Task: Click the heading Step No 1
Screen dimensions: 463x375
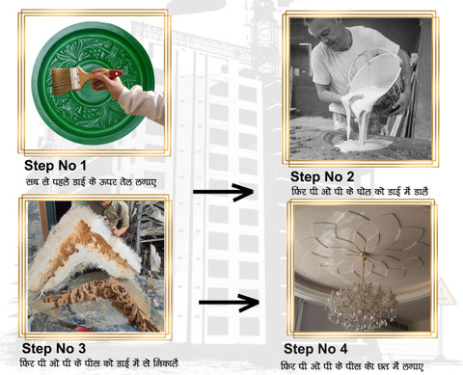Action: tap(55, 166)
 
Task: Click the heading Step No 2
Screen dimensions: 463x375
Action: tap(322, 176)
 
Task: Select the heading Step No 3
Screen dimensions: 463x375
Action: tap(54, 348)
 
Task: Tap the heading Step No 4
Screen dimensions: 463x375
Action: tap(315, 349)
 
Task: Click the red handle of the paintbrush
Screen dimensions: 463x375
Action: tap(115, 74)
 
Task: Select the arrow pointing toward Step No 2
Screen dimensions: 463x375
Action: tap(223, 192)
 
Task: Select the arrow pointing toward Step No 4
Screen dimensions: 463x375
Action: tap(229, 303)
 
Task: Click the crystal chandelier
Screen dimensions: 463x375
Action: tap(362, 305)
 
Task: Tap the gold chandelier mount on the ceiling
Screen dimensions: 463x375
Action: tap(363, 255)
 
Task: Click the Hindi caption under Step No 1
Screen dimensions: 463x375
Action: tap(92, 182)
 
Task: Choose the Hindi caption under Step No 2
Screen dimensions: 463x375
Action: tap(360, 192)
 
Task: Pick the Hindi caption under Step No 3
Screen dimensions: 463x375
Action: tap(99, 363)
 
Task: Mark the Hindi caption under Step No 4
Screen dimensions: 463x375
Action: tap(352, 366)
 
